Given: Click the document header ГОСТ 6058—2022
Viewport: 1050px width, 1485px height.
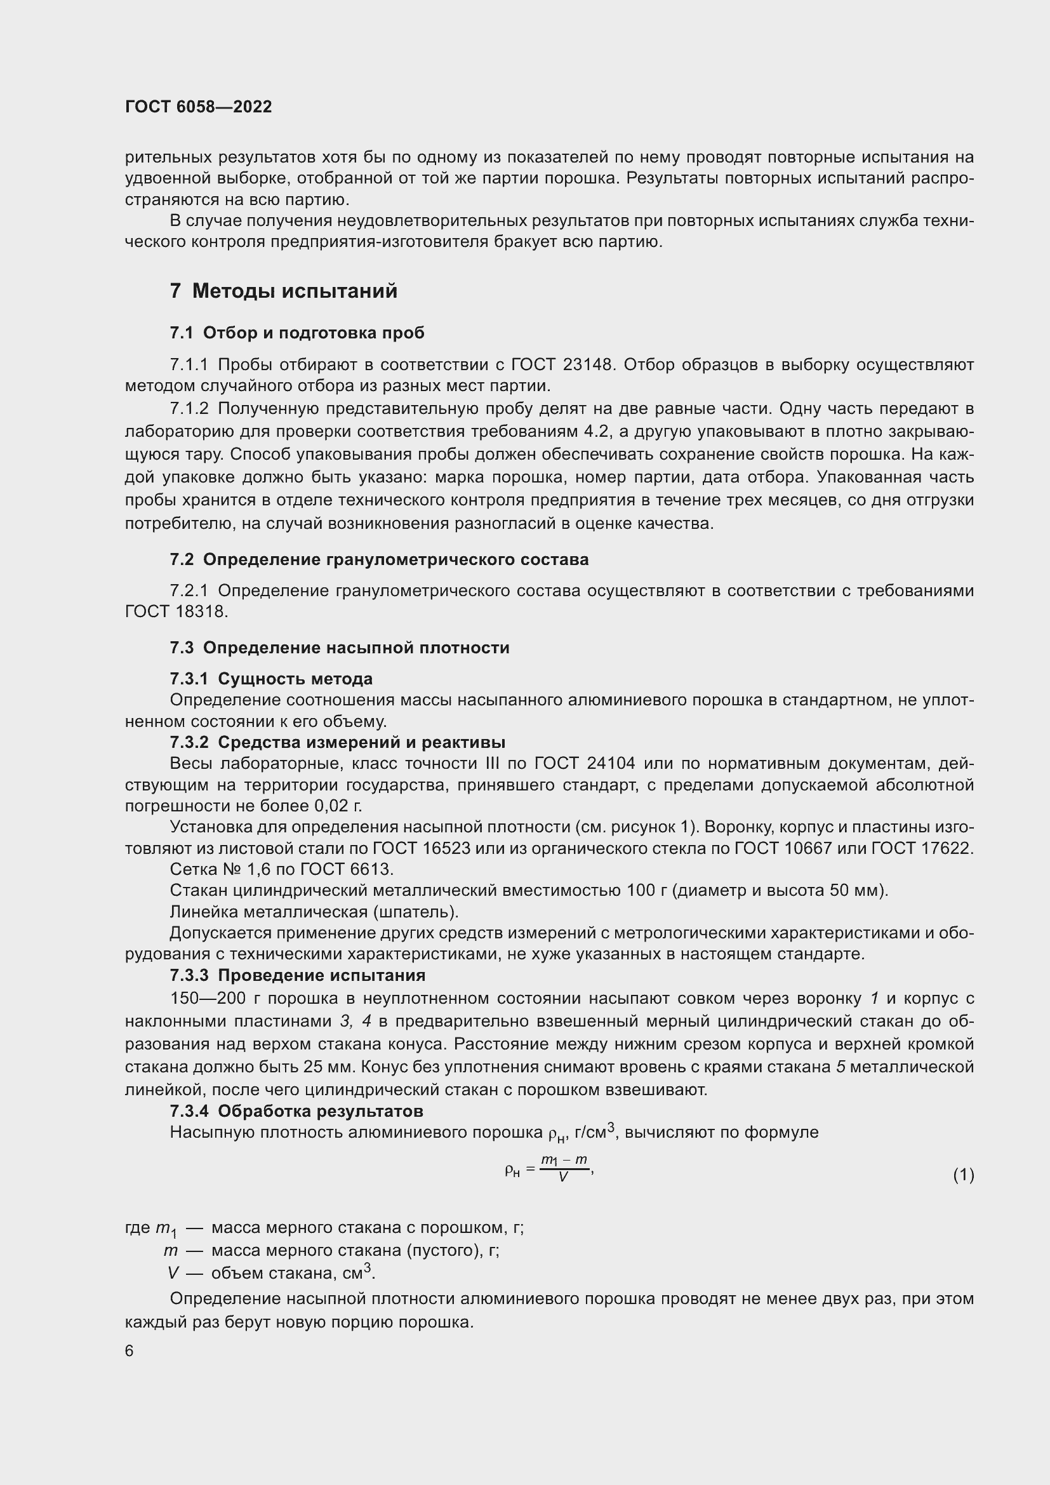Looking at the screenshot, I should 199,107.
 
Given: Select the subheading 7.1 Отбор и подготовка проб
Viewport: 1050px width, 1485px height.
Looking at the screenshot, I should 296,333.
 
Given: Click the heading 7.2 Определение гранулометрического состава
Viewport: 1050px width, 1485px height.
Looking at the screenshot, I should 379,559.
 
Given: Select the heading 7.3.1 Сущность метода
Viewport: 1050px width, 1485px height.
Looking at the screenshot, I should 271,679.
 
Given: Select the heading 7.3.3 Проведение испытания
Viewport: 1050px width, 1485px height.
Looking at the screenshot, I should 297,975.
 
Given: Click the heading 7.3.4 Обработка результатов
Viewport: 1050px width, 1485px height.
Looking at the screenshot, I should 296,1111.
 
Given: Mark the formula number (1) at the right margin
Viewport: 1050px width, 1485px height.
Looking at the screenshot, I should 964,1175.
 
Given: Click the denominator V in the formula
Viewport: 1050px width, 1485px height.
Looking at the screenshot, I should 562,1178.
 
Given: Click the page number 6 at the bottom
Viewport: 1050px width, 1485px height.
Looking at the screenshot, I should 130,1351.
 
